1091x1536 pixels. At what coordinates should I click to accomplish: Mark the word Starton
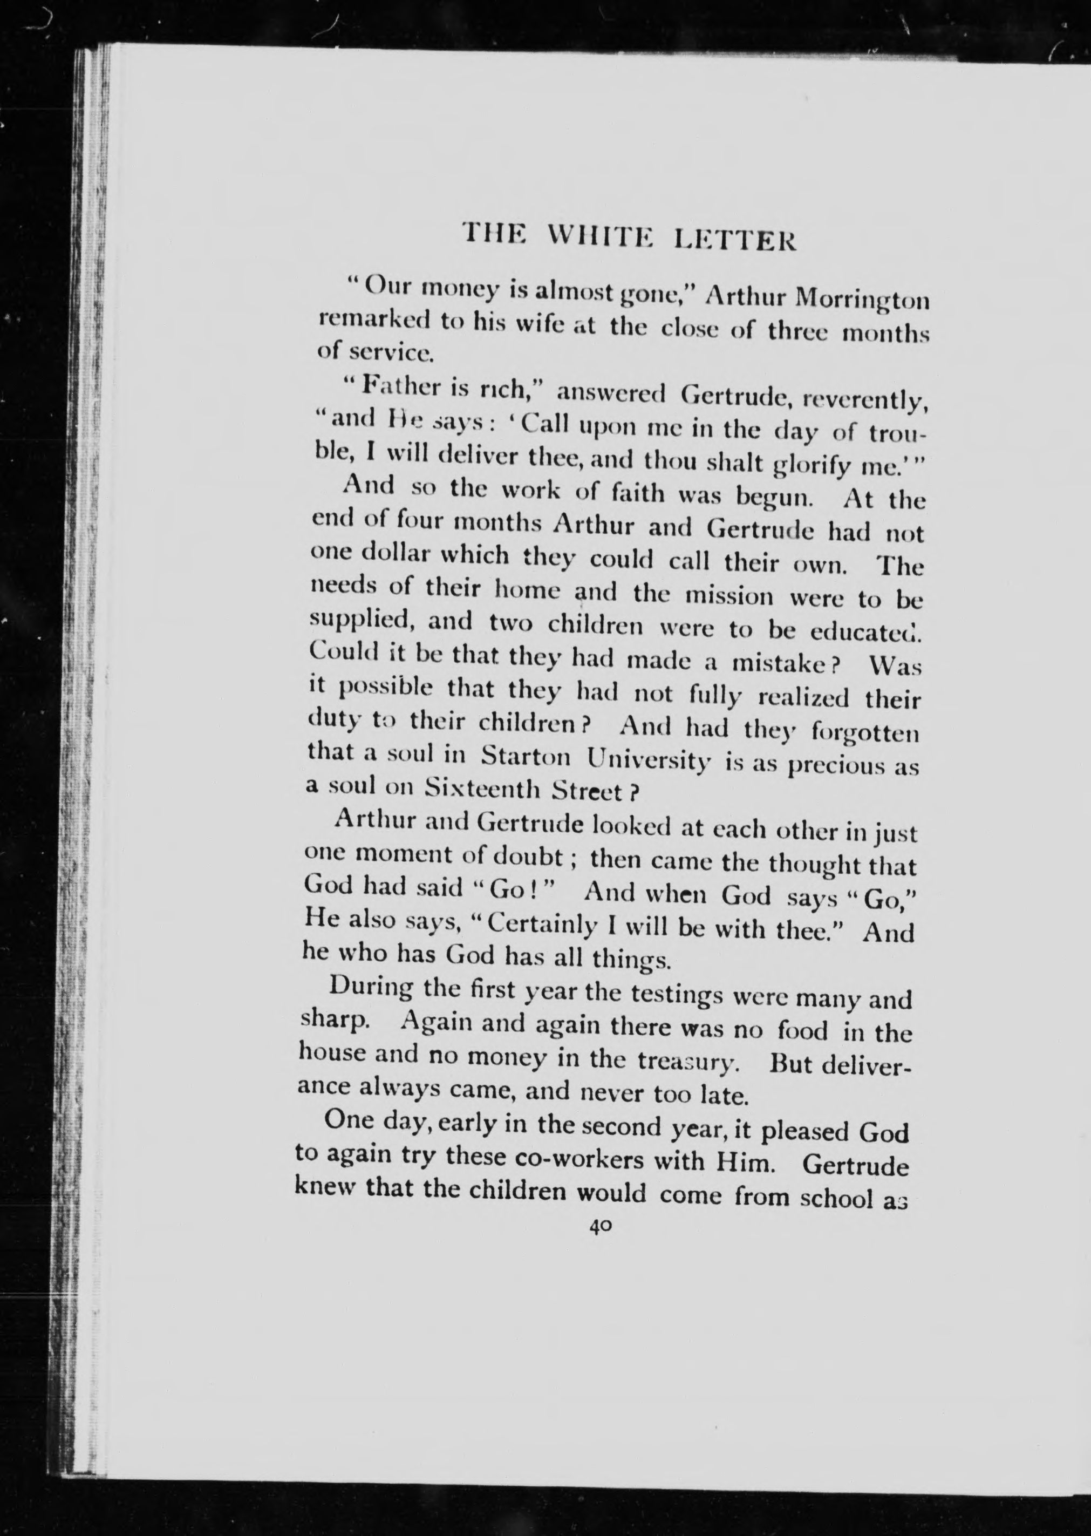[x=526, y=757]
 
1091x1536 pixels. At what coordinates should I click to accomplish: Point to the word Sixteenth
[x=482, y=791]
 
